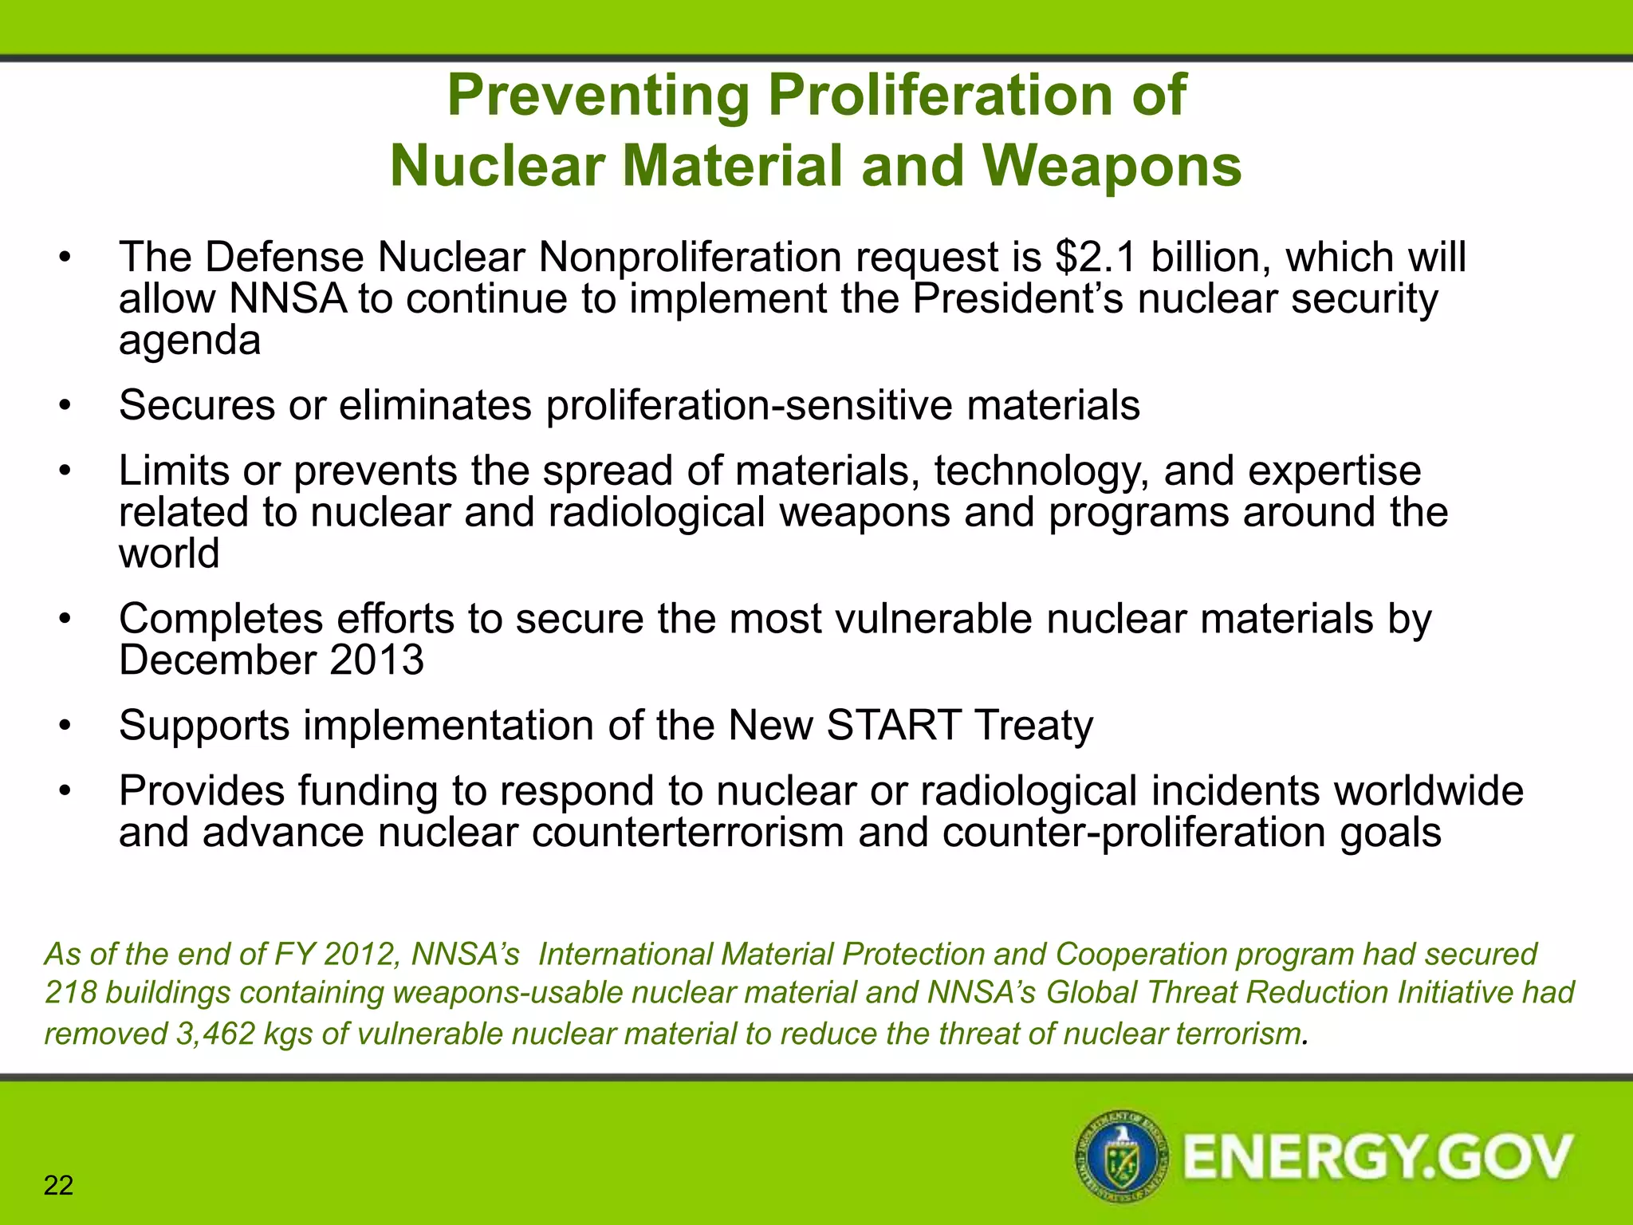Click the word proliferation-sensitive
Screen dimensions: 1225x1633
coord(749,405)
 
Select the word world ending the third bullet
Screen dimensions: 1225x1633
coord(169,553)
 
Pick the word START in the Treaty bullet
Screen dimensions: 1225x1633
coord(893,726)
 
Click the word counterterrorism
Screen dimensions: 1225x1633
coord(687,833)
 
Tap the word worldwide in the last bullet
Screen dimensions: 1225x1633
coord(1428,791)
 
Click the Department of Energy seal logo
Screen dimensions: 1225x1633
coord(1121,1156)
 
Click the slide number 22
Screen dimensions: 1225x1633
coord(58,1186)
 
